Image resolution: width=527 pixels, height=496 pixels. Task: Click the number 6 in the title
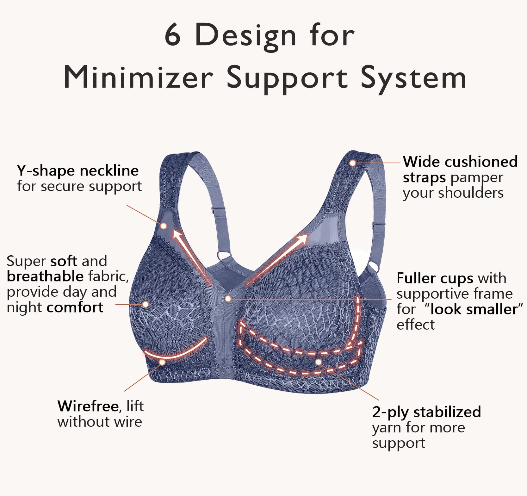point(173,34)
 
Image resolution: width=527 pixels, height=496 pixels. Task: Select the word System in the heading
point(413,78)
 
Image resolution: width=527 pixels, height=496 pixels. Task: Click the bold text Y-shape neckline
point(77,171)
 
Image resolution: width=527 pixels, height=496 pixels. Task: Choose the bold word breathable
point(45,276)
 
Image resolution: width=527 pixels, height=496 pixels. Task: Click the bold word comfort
point(75,307)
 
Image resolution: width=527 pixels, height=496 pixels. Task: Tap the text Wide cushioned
point(460,162)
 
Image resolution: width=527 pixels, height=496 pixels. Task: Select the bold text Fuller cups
point(435,278)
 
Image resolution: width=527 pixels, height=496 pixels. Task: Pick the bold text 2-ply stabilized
point(426,412)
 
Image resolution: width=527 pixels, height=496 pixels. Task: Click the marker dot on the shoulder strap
point(353,163)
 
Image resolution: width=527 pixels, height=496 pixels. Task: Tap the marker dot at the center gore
point(228,299)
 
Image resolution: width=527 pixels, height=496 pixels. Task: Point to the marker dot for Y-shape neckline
point(164,226)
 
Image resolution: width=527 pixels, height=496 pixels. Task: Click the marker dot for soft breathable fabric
point(146,304)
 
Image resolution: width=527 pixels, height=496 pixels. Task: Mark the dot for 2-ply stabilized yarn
point(319,362)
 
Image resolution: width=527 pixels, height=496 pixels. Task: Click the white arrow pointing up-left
point(191,255)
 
